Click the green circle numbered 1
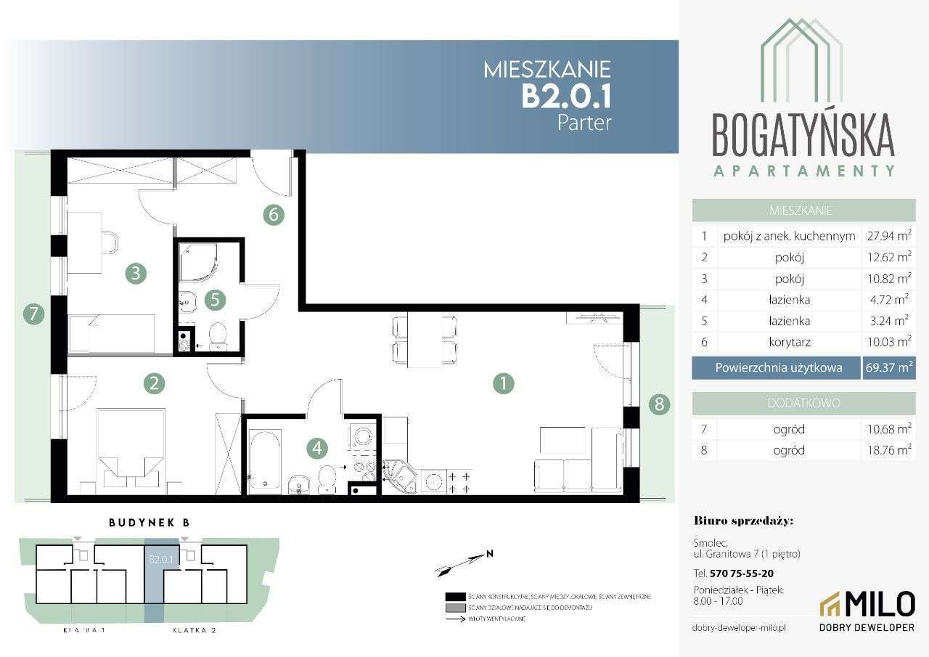[503, 383]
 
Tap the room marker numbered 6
[273, 214]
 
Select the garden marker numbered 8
[659, 404]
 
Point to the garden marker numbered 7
[33, 315]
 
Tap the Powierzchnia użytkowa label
[778, 368]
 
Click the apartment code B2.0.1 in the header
[566, 96]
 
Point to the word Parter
[584, 122]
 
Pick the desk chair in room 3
[109, 242]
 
